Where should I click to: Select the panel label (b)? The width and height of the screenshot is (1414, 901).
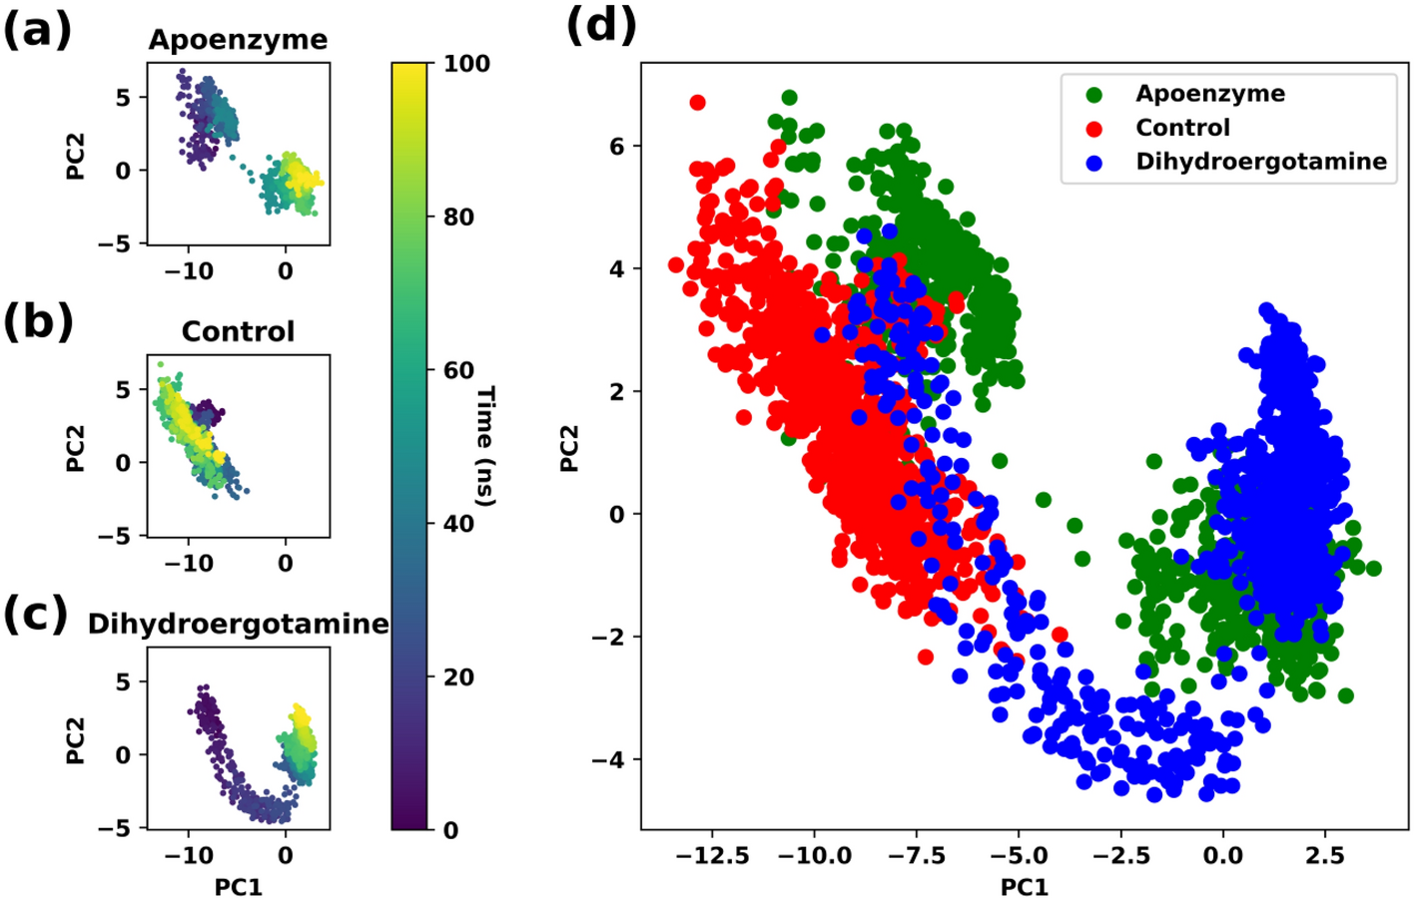(38, 322)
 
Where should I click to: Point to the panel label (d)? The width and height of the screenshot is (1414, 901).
(601, 25)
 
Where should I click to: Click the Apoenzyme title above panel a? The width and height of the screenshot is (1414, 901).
(238, 40)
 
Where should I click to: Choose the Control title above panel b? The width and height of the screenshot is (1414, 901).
(238, 331)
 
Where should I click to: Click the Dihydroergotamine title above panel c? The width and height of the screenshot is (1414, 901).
(238, 624)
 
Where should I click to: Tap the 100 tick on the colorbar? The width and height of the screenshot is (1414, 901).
(466, 64)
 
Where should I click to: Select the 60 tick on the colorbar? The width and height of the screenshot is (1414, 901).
(458, 370)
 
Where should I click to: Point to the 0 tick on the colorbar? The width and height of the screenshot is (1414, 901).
(451, 830)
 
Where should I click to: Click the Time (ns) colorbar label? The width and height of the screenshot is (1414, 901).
(485, 446)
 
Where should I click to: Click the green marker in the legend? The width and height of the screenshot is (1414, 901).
(1094, 95)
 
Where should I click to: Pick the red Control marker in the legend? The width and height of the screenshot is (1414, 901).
(1094, 129)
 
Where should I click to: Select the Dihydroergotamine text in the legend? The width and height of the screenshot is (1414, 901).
(1260, 162)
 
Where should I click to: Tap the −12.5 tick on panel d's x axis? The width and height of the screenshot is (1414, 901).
(712, 855)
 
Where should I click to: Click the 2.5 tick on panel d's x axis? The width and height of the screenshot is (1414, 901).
(1324, 855)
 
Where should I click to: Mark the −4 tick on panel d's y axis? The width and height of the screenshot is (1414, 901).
(609, 760)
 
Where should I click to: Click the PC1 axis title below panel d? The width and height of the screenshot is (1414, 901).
(1025, 886)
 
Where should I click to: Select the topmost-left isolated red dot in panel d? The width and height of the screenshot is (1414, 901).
(697, 103)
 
